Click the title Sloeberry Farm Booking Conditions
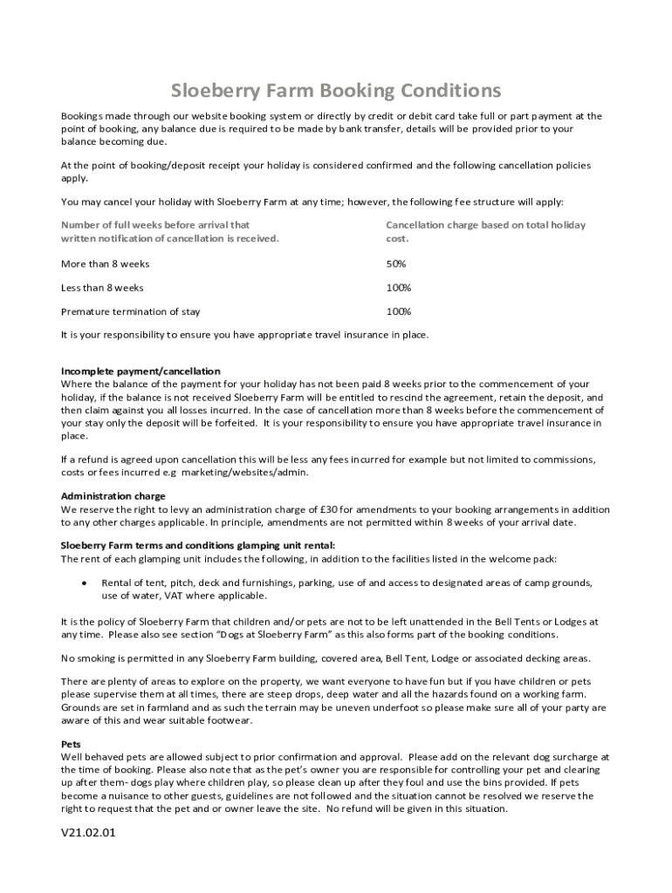[336, 91]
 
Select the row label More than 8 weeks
[105, 263]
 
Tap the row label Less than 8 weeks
[102, 288]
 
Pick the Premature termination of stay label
[130, 311]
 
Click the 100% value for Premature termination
[399, 311]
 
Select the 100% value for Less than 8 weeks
[399, 288]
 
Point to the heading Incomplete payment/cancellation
[140, 371]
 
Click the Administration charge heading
[113, 496]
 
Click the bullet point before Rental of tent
[83, 583]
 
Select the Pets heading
[71, 744]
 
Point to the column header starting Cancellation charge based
[485, 231]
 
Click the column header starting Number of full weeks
[170, 231]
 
